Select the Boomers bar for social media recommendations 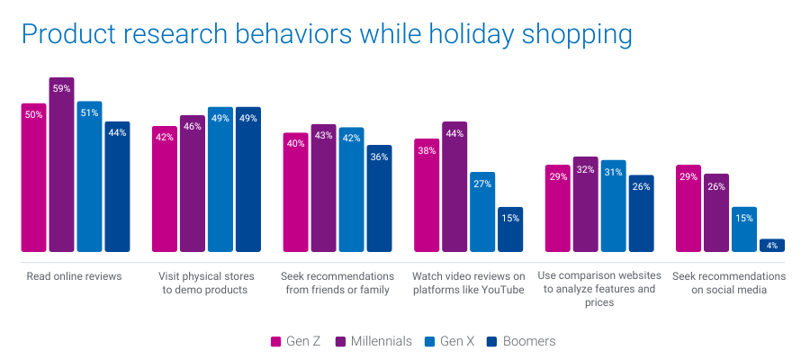772,246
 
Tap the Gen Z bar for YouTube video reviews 427,195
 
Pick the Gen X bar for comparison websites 613,206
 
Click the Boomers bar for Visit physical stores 248,179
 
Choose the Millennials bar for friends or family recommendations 324,188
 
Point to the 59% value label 61,88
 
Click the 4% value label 772,246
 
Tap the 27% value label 481,184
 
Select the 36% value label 379,157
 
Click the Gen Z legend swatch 277,342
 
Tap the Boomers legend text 529,342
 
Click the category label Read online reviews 74,276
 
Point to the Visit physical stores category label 206,283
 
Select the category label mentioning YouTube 468,283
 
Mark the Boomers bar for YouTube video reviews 510,229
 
